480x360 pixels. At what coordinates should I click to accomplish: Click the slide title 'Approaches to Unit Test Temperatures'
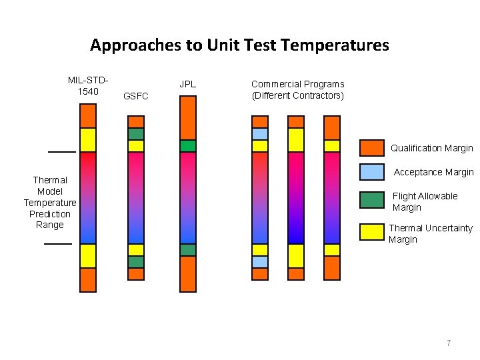239,45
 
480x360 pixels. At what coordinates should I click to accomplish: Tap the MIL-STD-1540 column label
87,85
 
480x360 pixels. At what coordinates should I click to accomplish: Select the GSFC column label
136,97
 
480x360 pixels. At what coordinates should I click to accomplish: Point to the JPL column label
188,84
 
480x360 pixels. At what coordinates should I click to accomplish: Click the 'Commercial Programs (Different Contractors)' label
297,89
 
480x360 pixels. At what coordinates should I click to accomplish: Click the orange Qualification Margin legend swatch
371,148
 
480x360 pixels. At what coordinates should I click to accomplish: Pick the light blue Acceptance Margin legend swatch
371,172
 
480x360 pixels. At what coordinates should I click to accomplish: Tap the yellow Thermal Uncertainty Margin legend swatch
371,231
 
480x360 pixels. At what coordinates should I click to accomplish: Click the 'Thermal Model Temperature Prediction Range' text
50,202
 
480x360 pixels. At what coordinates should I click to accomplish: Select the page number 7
449,343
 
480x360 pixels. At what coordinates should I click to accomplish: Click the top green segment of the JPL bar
188,145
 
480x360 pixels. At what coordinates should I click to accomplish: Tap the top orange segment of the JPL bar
188,117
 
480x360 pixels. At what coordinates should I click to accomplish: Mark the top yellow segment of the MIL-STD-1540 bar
88,139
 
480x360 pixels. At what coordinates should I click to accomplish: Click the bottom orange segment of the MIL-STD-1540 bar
88,279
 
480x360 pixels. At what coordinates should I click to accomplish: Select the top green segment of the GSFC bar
136,133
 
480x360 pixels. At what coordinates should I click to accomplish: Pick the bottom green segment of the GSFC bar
136,261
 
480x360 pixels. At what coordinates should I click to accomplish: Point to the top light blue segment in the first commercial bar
260,133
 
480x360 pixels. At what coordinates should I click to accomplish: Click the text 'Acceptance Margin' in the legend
433,172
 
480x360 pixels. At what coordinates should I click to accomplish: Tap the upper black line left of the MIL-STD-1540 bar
61,152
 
